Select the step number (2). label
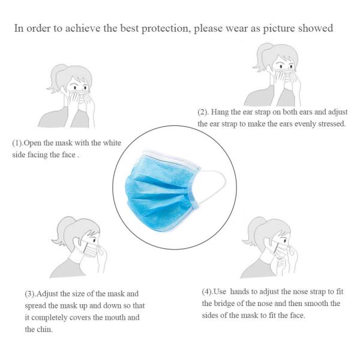tap(205, 112)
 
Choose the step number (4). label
tap(209, 292)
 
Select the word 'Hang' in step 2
tap(224, 112)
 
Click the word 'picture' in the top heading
tap(290, 28)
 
